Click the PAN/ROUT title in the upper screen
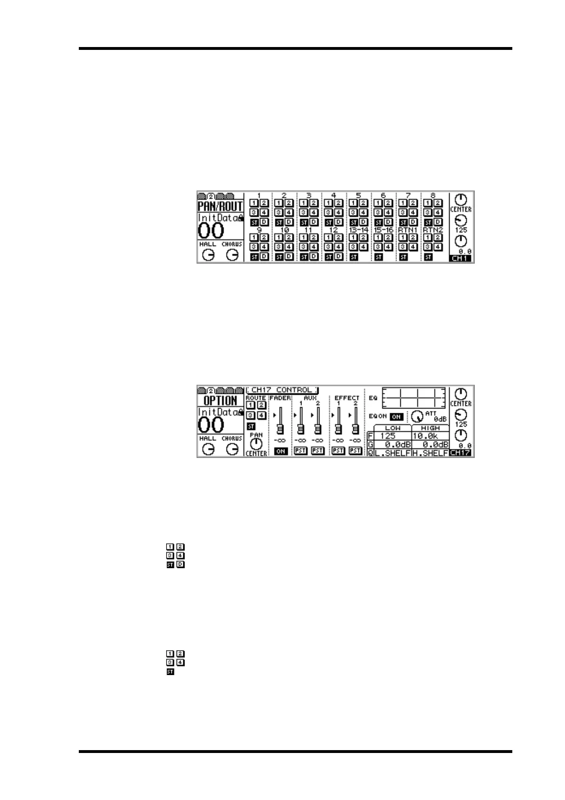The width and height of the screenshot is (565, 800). pos(220,207)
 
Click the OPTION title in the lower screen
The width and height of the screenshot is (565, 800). pos(220,400)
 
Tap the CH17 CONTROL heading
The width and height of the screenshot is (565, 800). pos(282,390)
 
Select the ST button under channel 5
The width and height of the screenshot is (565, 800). pos(353,222)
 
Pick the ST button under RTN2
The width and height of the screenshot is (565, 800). pos(428,257)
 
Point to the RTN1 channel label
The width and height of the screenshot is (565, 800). pos(407,230)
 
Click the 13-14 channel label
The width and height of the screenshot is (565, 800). pos(358,230)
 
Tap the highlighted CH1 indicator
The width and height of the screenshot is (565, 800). pos(461,259)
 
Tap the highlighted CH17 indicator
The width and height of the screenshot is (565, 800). pos(461,453)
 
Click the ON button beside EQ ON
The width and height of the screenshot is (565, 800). pos(396,417)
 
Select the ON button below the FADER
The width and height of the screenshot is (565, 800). pos(281,451)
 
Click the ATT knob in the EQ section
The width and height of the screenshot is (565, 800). pos(417,417)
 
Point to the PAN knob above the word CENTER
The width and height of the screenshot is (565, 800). pos(256,444)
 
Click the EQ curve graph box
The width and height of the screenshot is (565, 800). pos(414,398)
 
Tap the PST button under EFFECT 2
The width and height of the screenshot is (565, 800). pos(355,451)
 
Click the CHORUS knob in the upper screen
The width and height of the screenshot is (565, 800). pos(232,255)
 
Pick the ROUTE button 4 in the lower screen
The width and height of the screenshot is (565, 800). pos(261,416)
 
